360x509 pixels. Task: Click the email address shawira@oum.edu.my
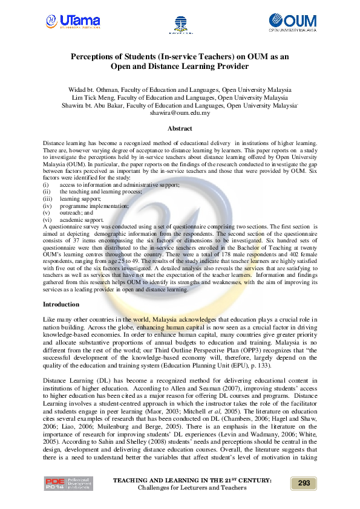click(x=180, y=113)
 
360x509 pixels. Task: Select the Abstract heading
click(x=180, y=129)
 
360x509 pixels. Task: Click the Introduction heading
click(x=61, y=304)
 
